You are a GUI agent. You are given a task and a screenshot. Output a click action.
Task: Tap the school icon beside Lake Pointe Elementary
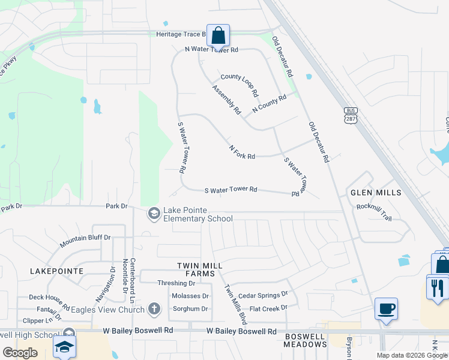pyautogui.click(x=154, y=214)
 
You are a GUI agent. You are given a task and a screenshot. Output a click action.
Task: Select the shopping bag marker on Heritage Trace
pyautogui.click(x=218, y=35)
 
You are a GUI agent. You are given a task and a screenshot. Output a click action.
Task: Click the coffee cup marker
pyautogui.click(x=385, y=310)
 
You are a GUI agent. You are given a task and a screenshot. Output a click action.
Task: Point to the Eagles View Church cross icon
pyautogui.click(x=154, y=310)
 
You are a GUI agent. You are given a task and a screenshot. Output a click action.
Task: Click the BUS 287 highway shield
pyautogui.click(x=351, y=115)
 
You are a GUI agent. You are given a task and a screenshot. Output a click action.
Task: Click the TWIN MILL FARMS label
pyautogui.click(x=200, y=269)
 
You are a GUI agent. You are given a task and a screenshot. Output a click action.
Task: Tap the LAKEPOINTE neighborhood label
pyautogui.click(x=56, y=271)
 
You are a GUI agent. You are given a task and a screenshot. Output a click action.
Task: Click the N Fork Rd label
pyautogui.click(x=242, y=152)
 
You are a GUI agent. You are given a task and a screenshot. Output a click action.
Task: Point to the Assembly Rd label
pyautogui.click(x=226, y=100)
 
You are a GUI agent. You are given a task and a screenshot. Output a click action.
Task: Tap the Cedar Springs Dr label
pyautogui.click(x=263, y=295)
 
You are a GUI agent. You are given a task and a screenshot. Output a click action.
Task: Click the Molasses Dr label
pyautogui.click(x=190, y=296)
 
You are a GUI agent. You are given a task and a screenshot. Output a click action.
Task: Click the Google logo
pyautogui.click(x=20, y=353)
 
